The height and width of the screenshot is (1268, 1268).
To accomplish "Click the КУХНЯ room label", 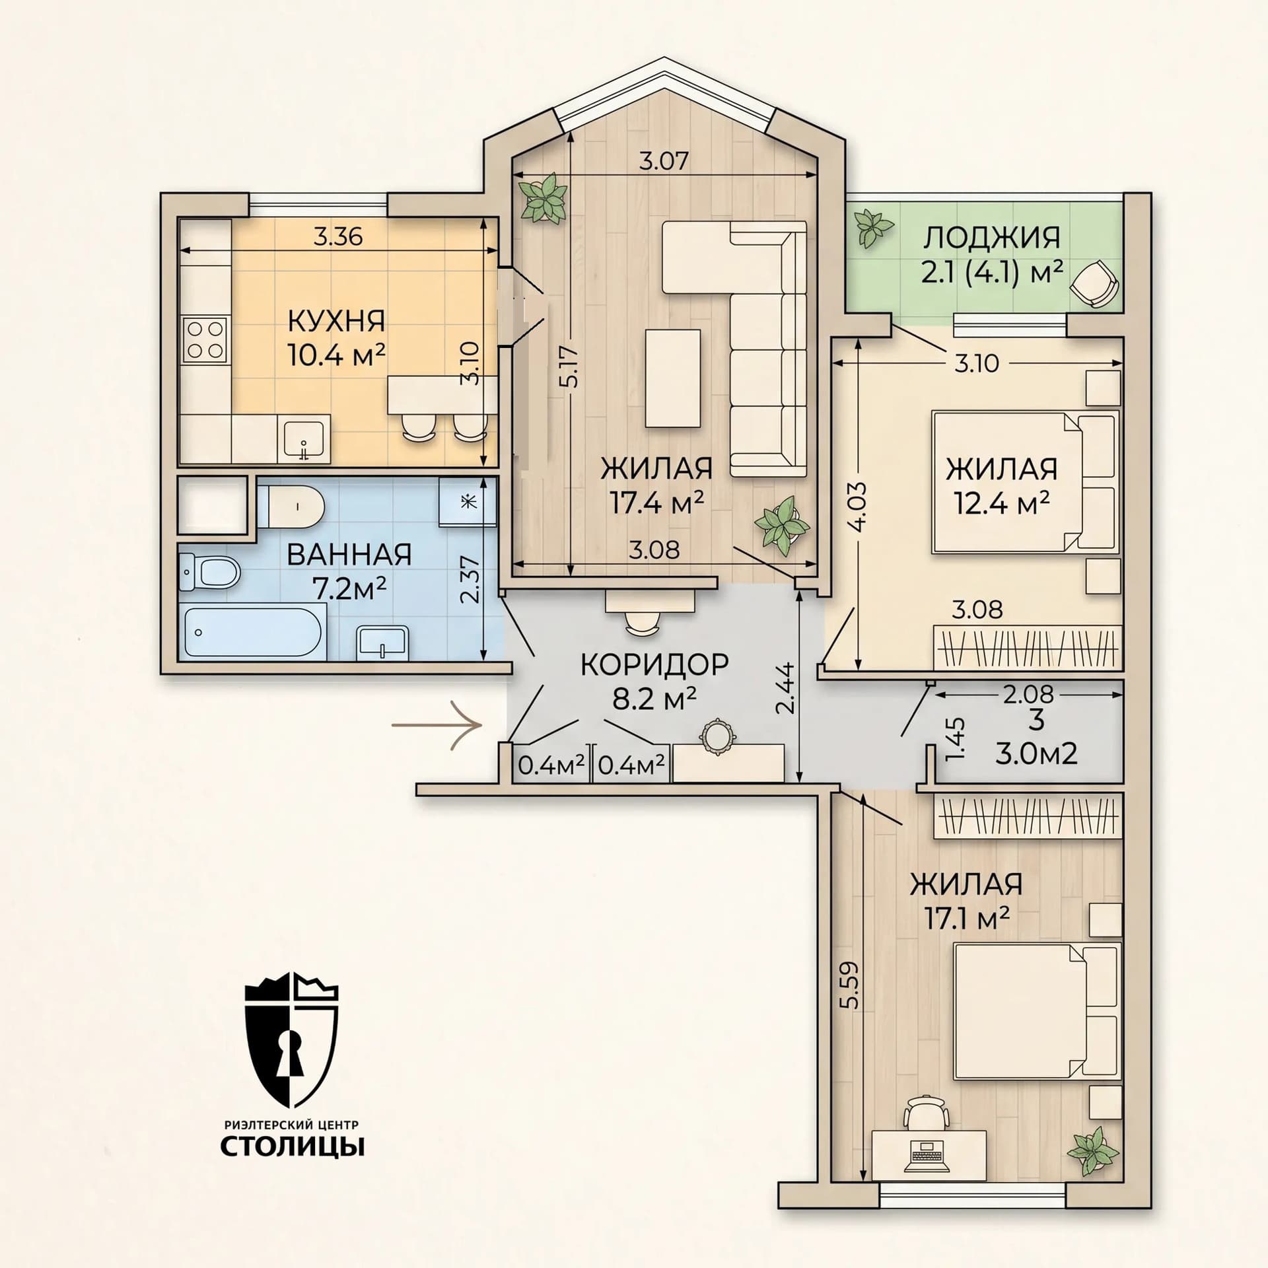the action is point(336,322).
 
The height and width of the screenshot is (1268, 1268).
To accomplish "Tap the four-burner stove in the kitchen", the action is point(205,339).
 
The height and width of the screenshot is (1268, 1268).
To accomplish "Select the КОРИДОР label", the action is point(654,665).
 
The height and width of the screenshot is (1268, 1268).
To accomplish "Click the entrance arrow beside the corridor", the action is point(435,725).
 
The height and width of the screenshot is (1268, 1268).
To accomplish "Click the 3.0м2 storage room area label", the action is point(1036,752).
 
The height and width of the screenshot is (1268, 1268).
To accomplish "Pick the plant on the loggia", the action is point(874,229).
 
